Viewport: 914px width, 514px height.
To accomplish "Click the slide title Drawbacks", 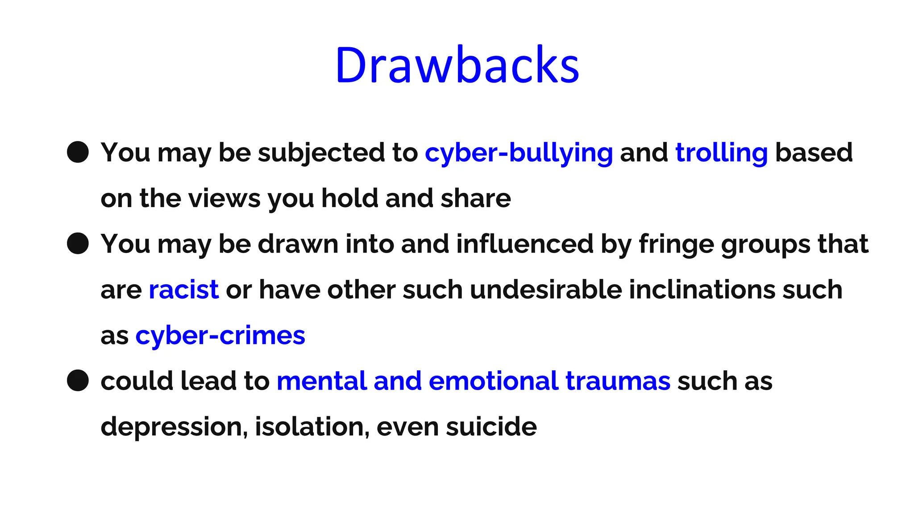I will [457, 65].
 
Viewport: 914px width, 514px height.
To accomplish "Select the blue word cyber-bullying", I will [519, 153].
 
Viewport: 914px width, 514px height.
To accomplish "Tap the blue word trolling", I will [721, 153].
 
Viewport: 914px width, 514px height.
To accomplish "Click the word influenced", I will [524, 244].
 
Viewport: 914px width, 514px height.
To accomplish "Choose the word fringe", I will [676, 245].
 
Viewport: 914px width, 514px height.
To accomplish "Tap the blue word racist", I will [183, 290].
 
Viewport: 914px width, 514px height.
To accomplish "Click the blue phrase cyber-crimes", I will [220, 336].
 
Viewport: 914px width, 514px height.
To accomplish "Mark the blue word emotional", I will [493, 381].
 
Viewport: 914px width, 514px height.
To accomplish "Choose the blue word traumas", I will [618, 381].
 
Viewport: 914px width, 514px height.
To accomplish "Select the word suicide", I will [491, 427].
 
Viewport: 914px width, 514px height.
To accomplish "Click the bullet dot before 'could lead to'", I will [78, 381].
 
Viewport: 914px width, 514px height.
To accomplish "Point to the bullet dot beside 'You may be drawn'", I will [78, 244].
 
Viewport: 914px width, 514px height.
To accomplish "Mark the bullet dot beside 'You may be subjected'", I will [78, 153].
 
